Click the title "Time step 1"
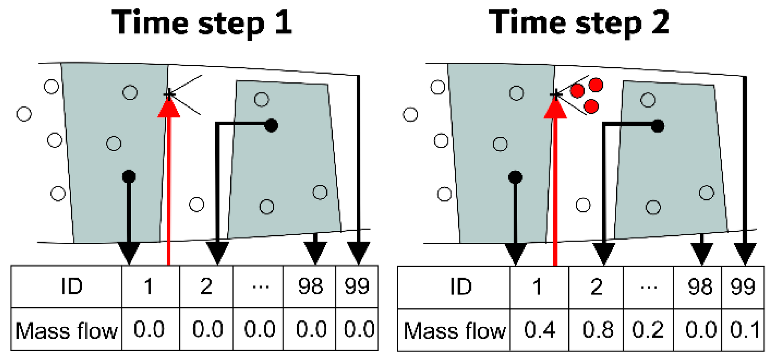202,23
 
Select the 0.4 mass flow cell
539,330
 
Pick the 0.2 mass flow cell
648,330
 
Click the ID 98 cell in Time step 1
310,286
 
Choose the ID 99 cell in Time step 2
743,287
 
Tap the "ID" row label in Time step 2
461,287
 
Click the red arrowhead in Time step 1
169,108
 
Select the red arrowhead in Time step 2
555,108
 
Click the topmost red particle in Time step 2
596,84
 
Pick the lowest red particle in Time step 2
591,106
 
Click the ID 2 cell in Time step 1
206,286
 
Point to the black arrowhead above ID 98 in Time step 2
702,253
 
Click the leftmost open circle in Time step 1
24,114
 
